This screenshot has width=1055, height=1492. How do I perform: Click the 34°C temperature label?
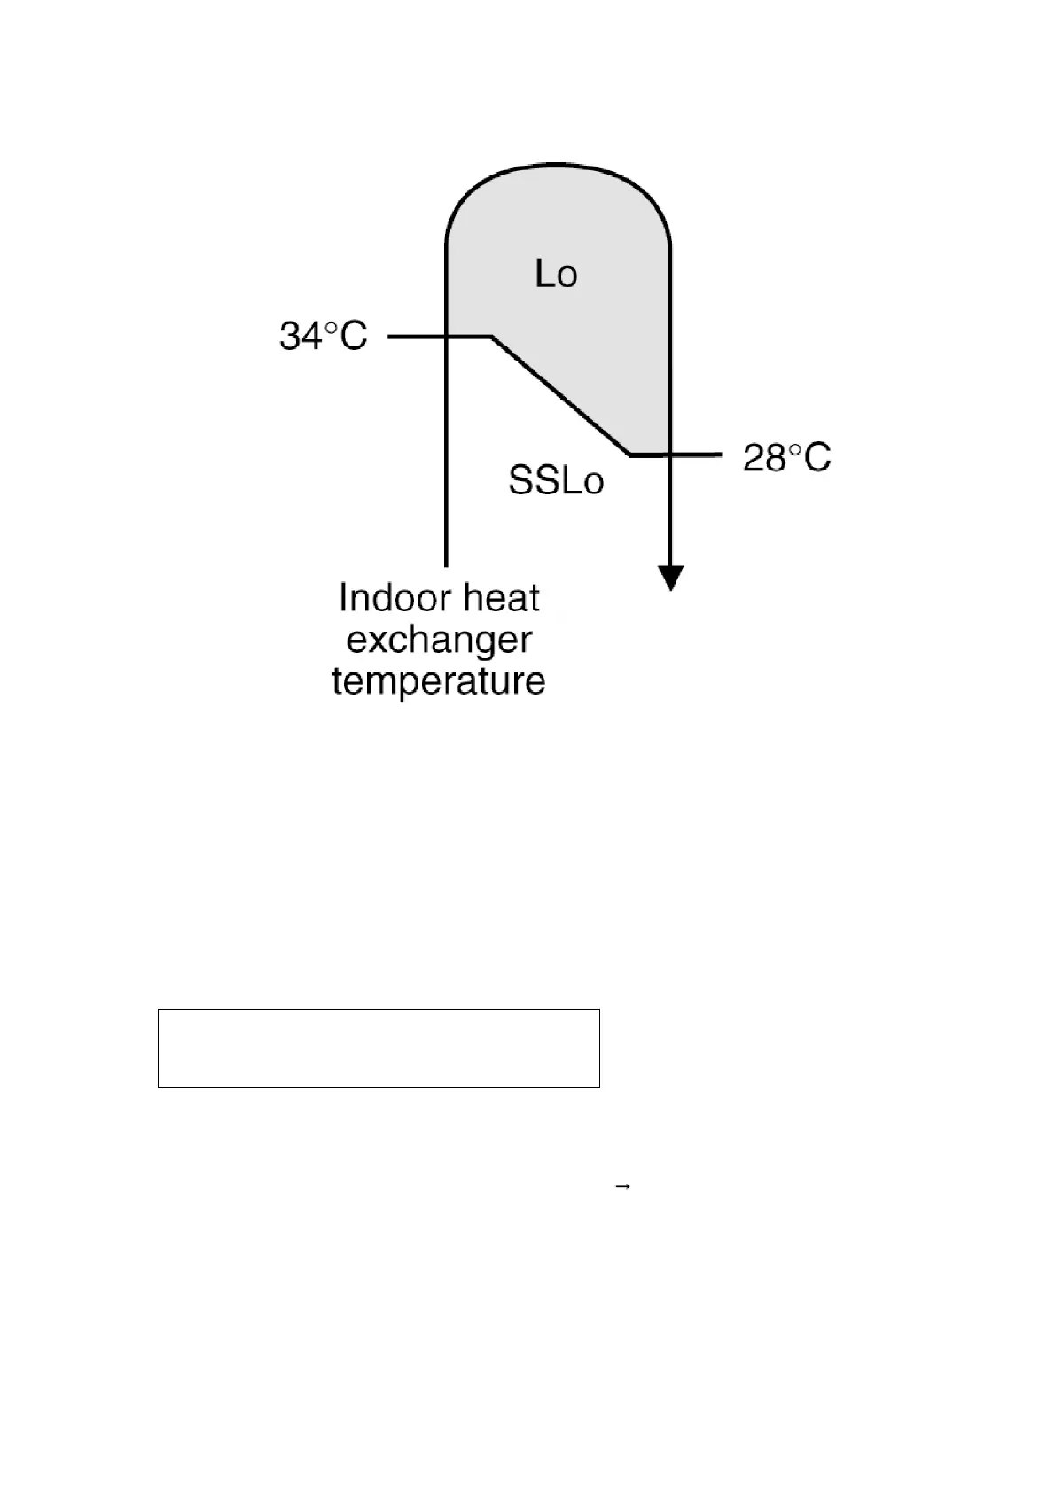323,337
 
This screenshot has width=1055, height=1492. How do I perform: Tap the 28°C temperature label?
786,458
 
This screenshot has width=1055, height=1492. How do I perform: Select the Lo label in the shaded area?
556,275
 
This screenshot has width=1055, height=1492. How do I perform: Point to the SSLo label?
556,481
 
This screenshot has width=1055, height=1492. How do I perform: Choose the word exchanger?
439,641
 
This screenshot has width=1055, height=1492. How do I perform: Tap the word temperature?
439,682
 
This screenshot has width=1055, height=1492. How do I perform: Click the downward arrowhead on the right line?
671,579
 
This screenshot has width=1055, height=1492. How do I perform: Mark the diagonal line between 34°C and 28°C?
560,395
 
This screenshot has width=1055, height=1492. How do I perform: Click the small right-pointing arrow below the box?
622,1185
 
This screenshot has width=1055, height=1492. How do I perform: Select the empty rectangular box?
379,1047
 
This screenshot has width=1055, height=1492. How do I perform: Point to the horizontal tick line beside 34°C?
417,337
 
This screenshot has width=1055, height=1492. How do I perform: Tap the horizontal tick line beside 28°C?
696,455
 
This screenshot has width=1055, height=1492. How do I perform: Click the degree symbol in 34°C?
330,328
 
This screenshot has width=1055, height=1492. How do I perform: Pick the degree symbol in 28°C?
794,449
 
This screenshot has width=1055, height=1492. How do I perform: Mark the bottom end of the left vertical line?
446,563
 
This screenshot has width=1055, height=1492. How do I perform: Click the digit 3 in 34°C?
290,337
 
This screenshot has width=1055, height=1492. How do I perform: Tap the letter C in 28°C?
817,458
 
